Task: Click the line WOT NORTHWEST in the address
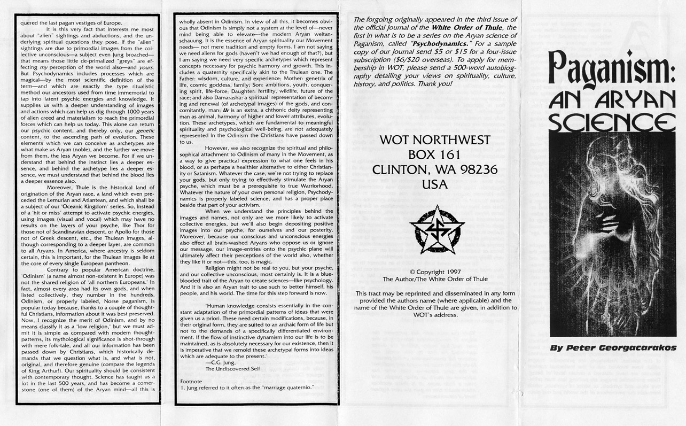(x=434, y=141)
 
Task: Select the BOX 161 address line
(x=434, y=155)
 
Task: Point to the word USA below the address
(x=434, y=184)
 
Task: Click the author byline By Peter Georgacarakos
(x=613, y=347)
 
